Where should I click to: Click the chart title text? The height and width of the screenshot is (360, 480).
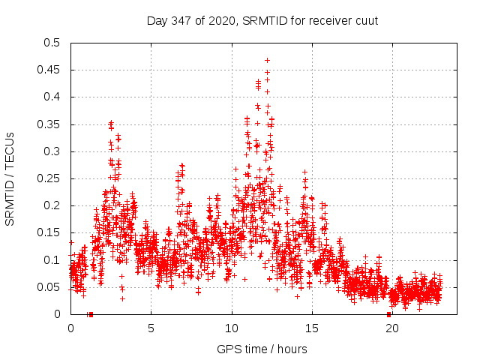[x=262, y=21]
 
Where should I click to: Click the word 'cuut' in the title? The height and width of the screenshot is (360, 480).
[x=366, y=21]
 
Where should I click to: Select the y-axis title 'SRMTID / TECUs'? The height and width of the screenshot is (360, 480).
[x=10, y=178]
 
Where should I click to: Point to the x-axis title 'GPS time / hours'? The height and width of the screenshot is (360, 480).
[x=262, y=349]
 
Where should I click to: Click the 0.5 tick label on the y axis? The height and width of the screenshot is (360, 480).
[x=52, y=43]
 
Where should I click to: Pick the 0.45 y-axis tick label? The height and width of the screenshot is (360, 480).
[x=49, y=70]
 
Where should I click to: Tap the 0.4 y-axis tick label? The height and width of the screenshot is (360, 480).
[x=52, y=97]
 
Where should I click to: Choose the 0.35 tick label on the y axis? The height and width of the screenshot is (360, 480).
[x=49, y=124]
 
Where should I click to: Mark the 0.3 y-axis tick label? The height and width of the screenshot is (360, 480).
[x=52, y=151]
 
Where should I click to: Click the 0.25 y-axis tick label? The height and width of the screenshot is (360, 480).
[x=49, y=178]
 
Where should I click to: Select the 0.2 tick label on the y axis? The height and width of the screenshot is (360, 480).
[x=52, y=205]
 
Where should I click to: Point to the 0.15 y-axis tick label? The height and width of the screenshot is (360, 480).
[x=49, y=232]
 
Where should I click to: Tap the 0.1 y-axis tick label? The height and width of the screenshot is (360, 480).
[x=52, y=260]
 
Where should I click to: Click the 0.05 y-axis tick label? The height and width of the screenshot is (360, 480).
[x=49, y=287]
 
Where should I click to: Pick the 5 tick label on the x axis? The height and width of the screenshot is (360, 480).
[x=151, y=328]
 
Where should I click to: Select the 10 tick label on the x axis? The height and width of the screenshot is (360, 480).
[x=232, y=328]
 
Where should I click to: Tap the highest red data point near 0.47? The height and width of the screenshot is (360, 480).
[x=267, y=60]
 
